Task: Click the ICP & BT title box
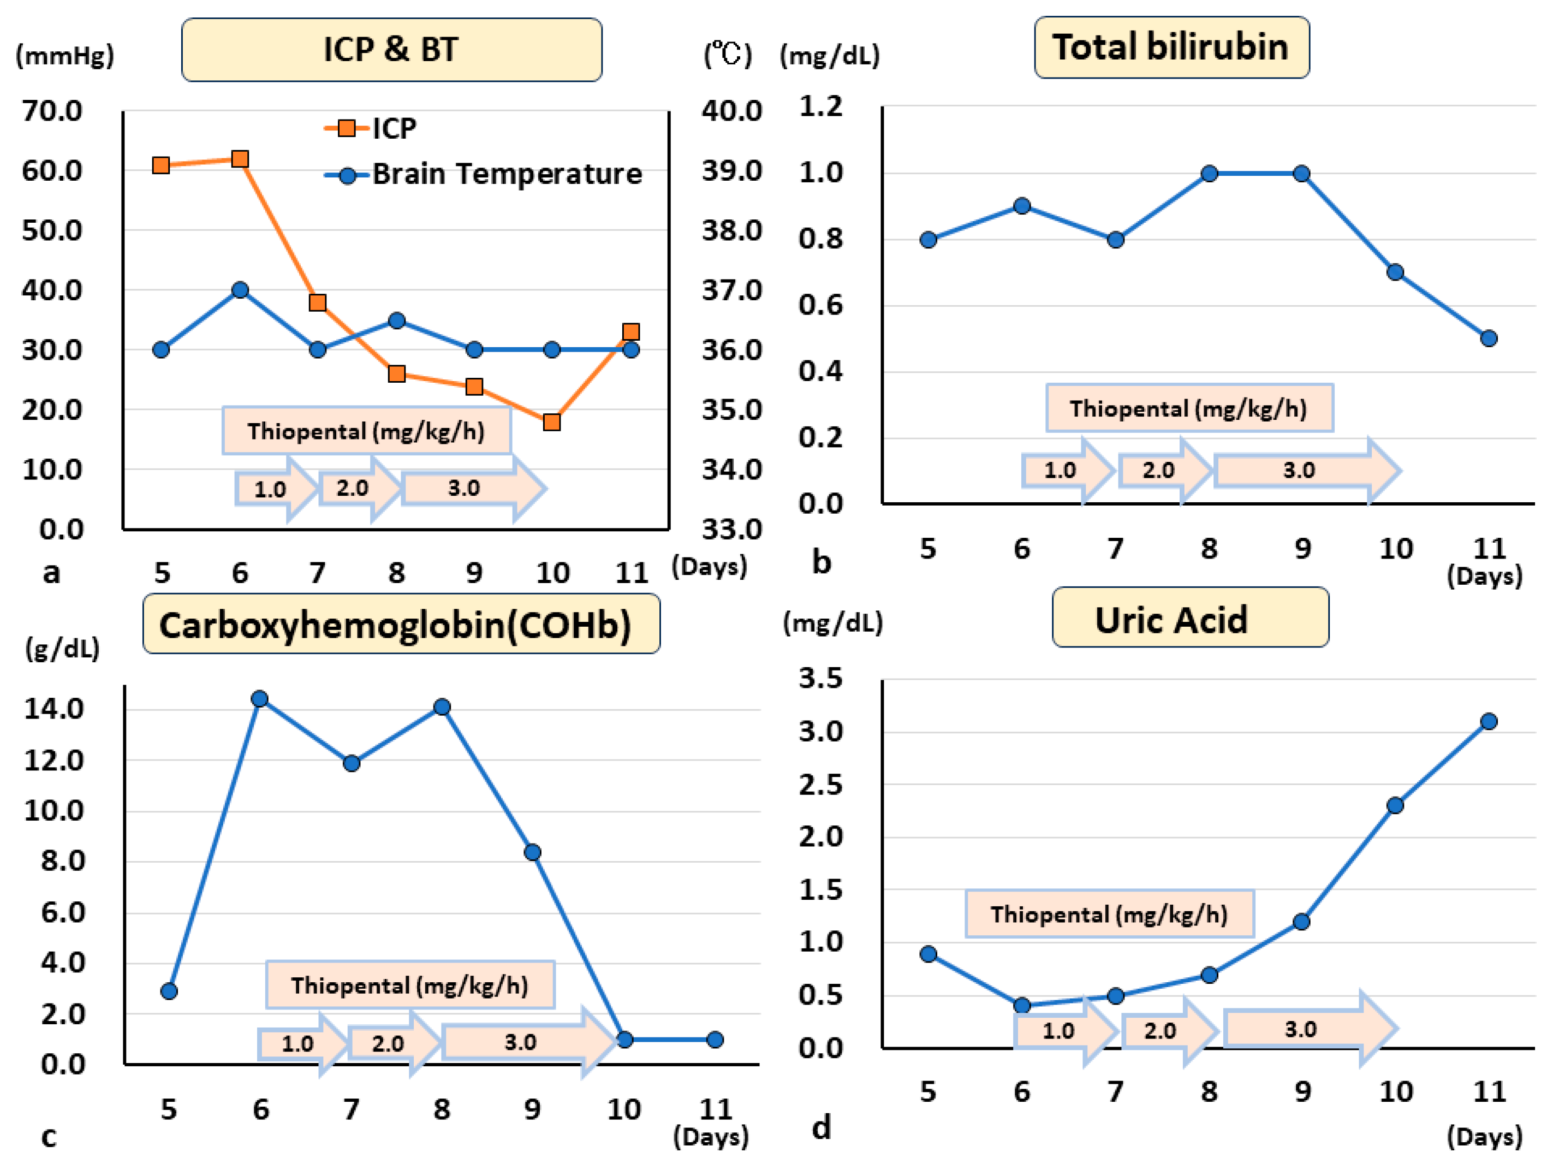coord(391,50)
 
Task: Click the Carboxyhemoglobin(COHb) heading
coord(400,624)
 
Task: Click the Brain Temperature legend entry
coord(506,174)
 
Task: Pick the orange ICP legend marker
coord(346,128)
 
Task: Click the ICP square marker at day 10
coord(552,422)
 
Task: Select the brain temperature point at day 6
coord(240,290)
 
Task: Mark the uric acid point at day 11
coord(1488,722)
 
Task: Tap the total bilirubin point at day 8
coord(1208,174)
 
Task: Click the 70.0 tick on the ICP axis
coord(51,111)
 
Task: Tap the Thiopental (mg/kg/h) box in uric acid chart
coord(1109,914)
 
